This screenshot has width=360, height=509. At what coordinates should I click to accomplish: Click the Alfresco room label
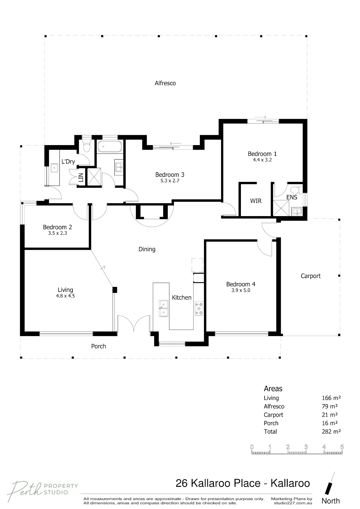(x=165, y=83)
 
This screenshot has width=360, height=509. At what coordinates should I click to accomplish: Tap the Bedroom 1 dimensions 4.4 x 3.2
(x=262, y=160)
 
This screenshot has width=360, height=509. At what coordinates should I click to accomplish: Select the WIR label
(x=256, y=201)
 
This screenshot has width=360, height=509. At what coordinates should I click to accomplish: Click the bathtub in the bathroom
(x=109, y=146)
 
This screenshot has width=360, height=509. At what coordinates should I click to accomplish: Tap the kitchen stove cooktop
(x=199, y=308)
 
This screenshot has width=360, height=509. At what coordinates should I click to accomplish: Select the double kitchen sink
(x=163, y=308)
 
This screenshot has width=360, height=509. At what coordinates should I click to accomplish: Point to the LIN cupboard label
(x=81, y=177)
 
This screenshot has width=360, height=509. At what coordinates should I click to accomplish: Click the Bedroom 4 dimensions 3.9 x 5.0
(x=241, y=290)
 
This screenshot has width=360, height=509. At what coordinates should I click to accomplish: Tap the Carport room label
(x=310, y=276)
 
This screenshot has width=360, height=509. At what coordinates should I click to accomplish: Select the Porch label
(x=98, y=346)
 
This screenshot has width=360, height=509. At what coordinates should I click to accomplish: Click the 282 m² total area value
(x=331, y=431)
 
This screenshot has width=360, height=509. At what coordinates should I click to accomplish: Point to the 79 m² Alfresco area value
(x=329, y=406)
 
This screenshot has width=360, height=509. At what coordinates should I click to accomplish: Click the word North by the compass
(x=331, y=501)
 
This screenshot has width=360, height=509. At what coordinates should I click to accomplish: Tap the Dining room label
(x=147, y=249)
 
